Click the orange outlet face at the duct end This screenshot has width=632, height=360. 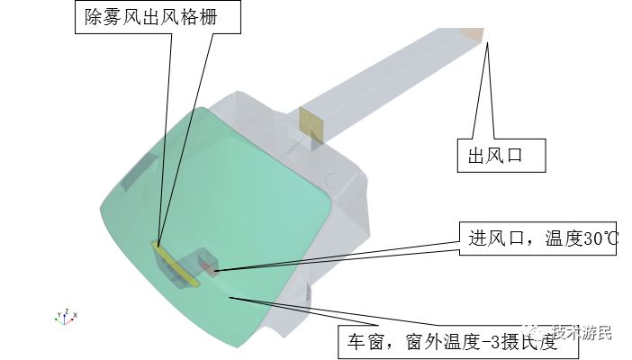(x=474, y=35)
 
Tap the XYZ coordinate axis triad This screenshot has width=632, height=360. (x=64, y=316)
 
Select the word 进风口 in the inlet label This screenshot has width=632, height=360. (x=493, y=238)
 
